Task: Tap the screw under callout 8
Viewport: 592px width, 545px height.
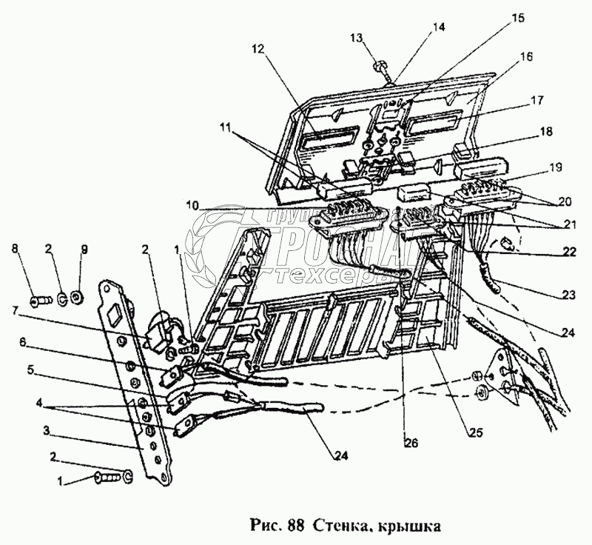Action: coord(41,300)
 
